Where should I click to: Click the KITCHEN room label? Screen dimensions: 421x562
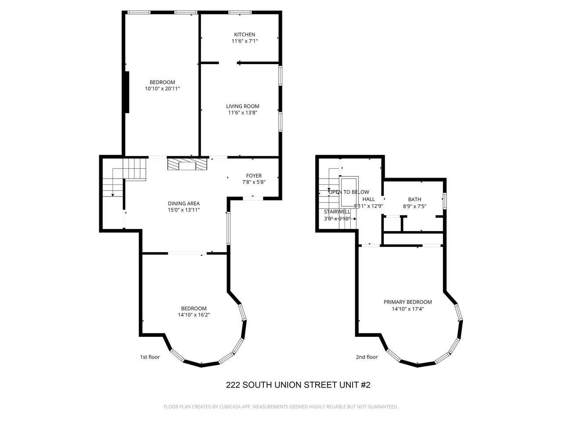coord(244,35)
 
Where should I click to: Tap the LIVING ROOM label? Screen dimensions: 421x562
coord(242,106)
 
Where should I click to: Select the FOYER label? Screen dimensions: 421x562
coord(254,176)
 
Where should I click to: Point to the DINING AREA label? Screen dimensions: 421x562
coord(184,203)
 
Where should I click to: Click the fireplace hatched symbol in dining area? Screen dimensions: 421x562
coord(187,164)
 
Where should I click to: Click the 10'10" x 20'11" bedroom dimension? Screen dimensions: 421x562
coord(162,89)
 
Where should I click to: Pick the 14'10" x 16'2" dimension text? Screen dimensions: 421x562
coord(194,314)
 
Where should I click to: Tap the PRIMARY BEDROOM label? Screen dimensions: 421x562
coord(407,302)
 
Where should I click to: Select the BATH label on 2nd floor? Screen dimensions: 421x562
coord(414,200)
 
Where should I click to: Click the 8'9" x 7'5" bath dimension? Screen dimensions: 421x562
coord(414,206)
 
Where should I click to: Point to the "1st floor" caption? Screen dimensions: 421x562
coord(150,357)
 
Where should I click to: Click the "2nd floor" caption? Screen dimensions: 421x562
coord(367,357)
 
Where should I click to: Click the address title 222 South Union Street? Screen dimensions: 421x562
coord(298,385)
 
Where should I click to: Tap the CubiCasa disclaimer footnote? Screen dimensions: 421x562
coord(281,407)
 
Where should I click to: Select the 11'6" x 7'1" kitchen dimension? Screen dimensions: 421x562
coord(244,41)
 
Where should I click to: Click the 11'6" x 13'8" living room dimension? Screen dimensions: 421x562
coord(242,113)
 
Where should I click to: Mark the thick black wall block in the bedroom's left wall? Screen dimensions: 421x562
coord(127,92)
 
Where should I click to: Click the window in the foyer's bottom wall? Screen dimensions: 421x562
coord(253,199)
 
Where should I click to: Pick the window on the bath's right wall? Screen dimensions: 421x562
coord(445,200)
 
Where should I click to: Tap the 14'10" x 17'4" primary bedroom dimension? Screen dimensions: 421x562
coord(407,309)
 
